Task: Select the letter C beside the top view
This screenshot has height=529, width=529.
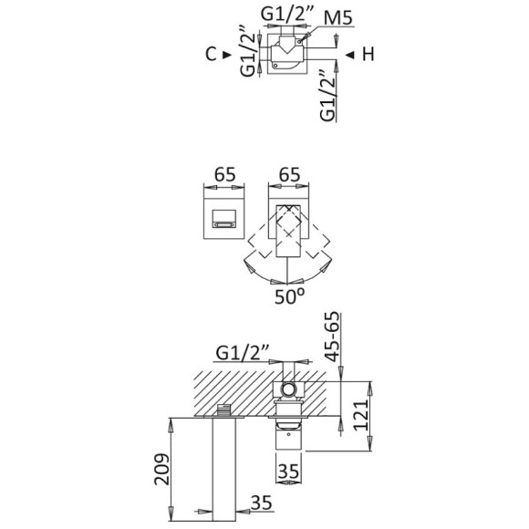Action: pos(211,55)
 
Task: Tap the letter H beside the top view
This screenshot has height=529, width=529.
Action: pos(368,55)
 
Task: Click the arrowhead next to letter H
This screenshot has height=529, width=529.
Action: pos(349,55)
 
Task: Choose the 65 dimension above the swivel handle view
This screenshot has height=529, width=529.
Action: pos(289,172)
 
